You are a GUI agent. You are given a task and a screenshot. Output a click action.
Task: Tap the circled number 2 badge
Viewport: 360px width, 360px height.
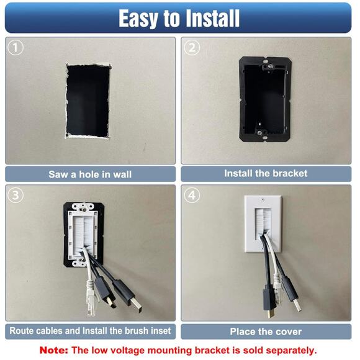click(192, 47)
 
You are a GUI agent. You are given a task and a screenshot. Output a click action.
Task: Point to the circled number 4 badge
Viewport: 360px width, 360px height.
click(192, 194)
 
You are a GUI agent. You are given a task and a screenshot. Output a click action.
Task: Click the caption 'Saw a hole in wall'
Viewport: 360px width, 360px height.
click(90, 174)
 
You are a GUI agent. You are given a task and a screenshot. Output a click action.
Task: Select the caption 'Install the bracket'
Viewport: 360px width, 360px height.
click(266, 173)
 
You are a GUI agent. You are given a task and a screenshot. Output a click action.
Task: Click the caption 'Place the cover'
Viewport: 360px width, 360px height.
click(266, 331)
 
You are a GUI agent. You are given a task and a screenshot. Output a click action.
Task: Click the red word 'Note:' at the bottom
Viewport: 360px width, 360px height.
click(55, 350)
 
